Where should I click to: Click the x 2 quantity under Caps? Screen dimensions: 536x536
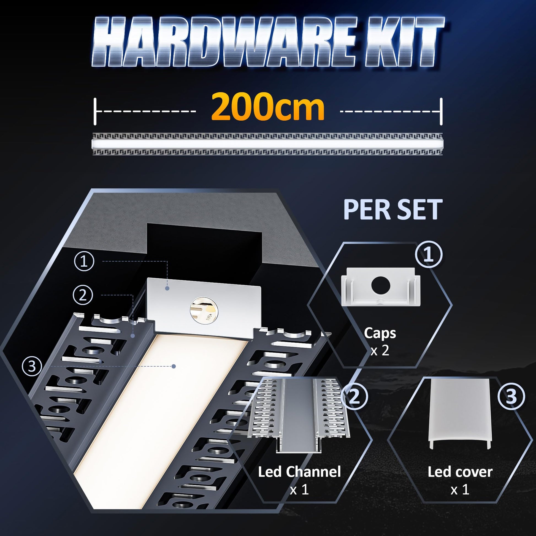point(380,350)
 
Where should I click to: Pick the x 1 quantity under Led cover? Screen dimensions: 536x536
point(460,490)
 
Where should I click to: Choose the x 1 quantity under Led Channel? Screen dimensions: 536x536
point(299,490)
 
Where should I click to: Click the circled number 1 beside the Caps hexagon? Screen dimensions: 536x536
point(429,255)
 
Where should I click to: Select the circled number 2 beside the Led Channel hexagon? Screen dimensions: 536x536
point(355,397)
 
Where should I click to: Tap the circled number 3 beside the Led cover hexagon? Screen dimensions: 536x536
point(511,397)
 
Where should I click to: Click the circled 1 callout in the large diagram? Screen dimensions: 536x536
point(84,261)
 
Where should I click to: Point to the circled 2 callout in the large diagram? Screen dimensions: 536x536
point(83,295)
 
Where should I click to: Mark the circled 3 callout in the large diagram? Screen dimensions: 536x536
point(32,366)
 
